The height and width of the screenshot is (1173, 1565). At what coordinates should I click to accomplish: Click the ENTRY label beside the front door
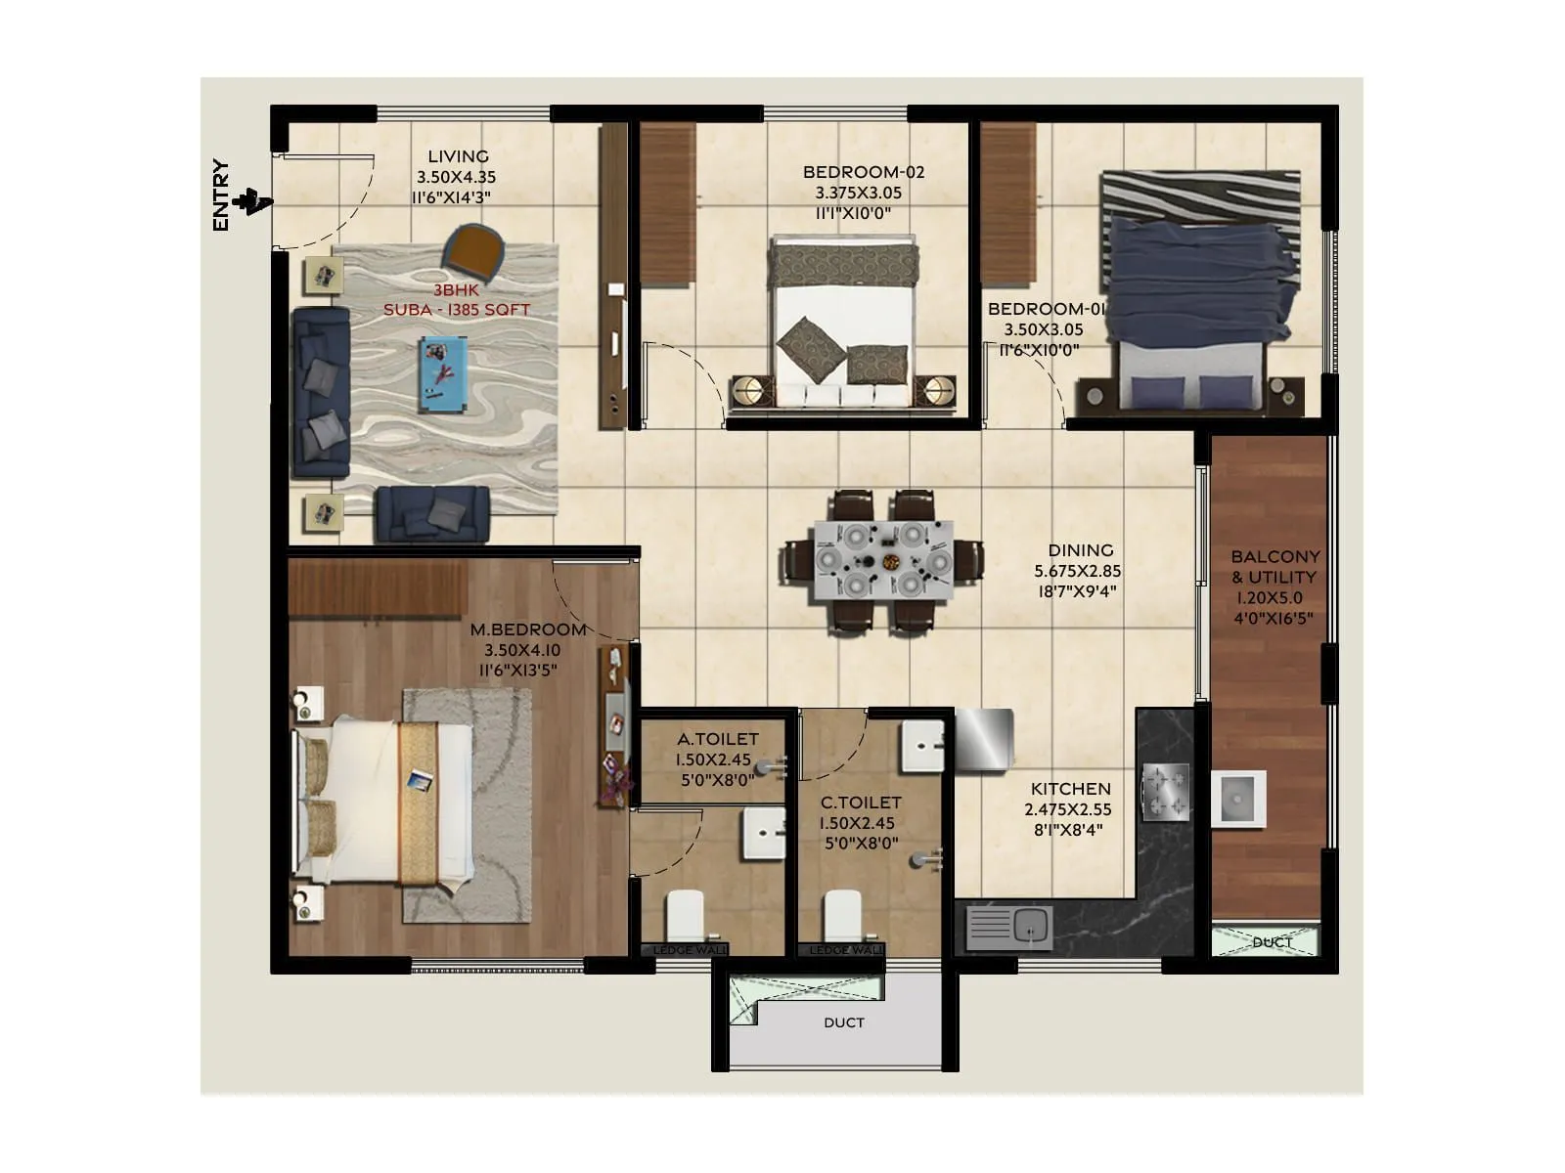[x=221, y=195]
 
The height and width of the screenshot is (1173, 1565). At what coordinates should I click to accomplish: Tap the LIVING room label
[x=458, y=156]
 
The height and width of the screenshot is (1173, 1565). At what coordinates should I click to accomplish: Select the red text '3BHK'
[x=457, y=290]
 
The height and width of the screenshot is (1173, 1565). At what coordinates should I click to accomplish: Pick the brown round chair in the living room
[x=473, y=248]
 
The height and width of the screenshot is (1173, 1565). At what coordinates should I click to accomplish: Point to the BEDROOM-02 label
[x=863, y=172]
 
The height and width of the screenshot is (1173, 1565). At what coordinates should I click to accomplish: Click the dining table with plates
[x=882, y=560]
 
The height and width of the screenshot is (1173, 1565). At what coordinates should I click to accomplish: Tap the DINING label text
[x=1080, y=550]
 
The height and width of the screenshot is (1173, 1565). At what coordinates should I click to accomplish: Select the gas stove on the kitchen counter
[x=1166, y=790]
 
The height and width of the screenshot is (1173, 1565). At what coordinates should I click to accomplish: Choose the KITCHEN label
[x=1070, y=789]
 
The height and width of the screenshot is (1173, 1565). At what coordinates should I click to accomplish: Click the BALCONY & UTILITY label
[x=1274, y=567]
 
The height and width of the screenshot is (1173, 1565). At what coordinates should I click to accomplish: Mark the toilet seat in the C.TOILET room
[x=842, y=917]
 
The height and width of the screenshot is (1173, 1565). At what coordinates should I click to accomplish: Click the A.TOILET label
[x=717, y=739]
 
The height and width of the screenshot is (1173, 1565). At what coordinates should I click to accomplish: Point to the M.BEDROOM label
[x=527, y=630]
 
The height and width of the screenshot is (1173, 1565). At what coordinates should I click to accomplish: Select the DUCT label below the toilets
[x=843, y=1022]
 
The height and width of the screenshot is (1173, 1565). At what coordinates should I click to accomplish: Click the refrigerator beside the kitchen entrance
[x=983, y=739]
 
